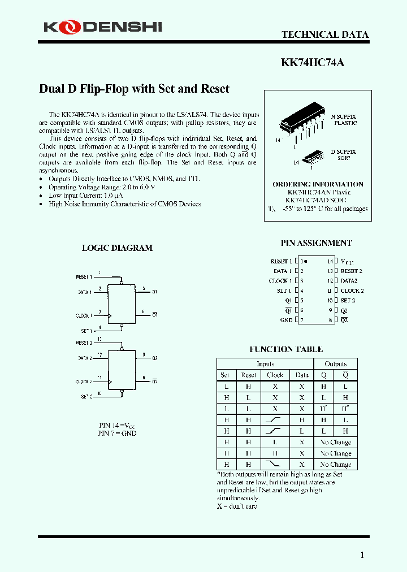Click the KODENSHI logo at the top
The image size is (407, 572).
[x=103, y=27]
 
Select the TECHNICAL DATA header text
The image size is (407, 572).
[x=325, y=35]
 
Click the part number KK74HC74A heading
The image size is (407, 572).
[x=312, y=63]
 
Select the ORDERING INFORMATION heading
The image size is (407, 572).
[x=318, y=184]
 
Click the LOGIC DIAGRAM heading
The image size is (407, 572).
[x=117, y=248]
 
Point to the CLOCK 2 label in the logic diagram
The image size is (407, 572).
[x=83, y=382]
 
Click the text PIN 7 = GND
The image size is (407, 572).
[x=117, y=433]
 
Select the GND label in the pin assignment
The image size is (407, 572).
[x=286, y=320]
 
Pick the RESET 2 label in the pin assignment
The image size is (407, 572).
[x=351, y=271]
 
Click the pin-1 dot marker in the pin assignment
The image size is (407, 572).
[x=306, y=261]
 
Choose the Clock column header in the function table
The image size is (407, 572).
[x=275, y=375]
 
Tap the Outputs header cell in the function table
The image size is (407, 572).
[x=336, y=364]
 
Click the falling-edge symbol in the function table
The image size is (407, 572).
[x=275, y=464]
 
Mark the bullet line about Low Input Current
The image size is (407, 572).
[x=86, y=196]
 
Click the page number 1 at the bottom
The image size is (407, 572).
[x=362, y=555]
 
